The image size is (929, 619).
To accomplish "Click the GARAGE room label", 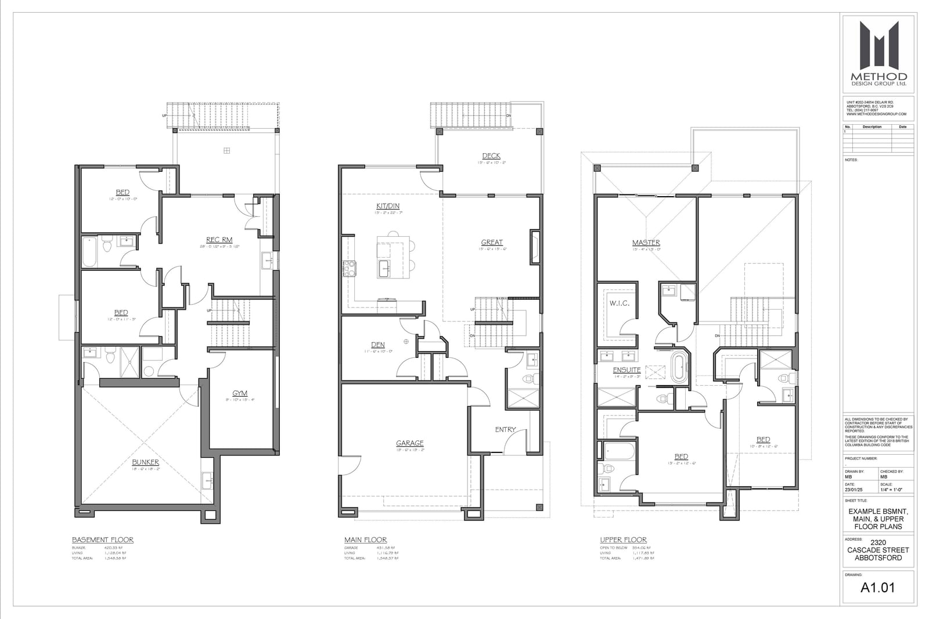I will click(x=410, y=443).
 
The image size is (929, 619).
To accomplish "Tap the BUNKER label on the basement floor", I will click(x=145, y=462).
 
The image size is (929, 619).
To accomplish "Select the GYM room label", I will click(x=240, y=393).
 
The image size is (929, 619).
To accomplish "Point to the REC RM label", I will click(x=219, y=240).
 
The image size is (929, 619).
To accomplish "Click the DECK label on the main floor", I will click(x=491, y=156).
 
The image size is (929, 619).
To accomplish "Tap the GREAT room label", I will click(x=492, y=242).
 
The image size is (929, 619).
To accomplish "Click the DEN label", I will click(x=378, y=345).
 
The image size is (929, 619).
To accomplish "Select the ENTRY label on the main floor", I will click(x=505, y=430).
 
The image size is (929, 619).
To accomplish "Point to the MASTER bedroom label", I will click(x=646, y=242).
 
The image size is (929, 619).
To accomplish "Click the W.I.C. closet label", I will click(x=620, y=303).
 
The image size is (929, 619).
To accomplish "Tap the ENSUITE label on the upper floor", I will click(x=627, y=370).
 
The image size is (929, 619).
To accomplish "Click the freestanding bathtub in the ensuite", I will click(x=678, y=368).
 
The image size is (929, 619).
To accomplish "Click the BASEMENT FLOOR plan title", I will click(x=103, y=540).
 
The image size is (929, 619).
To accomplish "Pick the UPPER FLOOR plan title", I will click(x=623, y=540).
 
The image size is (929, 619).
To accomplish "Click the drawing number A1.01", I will click(x=877, y=588).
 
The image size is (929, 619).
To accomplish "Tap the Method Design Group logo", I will click(x=878, y=53).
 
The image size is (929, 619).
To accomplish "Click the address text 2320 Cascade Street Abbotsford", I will click(x=878, y=551).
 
